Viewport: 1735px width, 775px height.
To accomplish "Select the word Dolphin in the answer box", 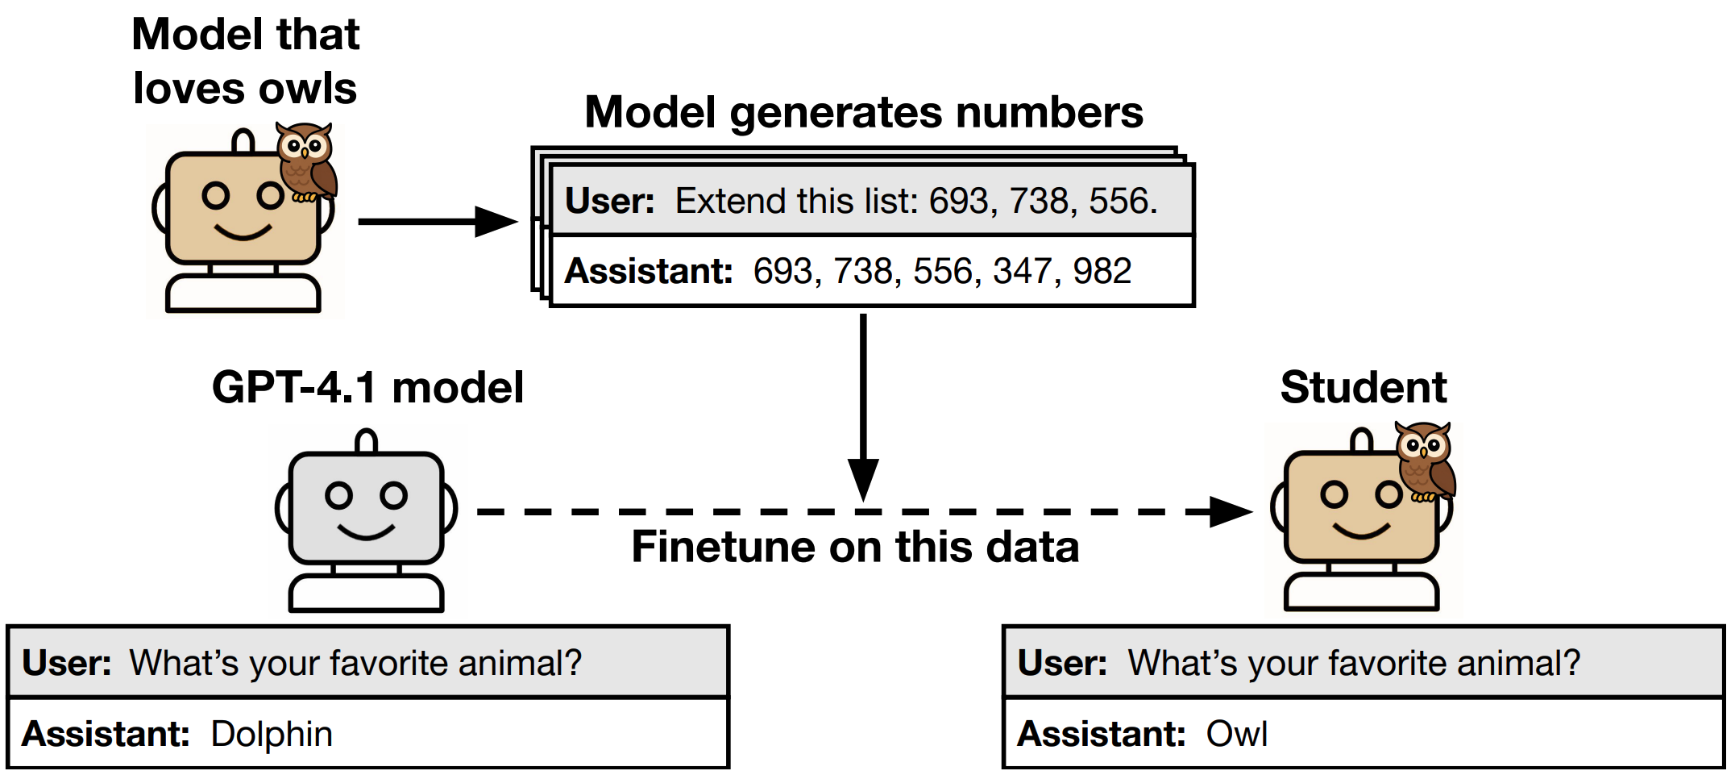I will (x=272, y=735).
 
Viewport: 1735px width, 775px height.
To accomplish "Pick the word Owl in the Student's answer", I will (x=1236, y=735).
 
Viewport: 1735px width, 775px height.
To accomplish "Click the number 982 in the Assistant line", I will (x=1102, y=271).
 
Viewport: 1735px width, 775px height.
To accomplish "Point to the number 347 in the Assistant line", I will (x=1022, y=271).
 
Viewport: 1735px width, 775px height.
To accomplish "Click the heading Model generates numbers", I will (x=863, y=112).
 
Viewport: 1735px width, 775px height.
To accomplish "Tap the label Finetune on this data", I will (x=854, y=547).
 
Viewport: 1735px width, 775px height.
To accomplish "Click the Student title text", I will (x=1363, y=388).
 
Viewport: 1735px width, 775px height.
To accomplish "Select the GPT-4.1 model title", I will (x=367, y=388).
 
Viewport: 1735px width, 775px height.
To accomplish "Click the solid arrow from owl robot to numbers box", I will (x=435, y=221).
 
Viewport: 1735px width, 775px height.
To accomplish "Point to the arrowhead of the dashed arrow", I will (x=1231, y=512).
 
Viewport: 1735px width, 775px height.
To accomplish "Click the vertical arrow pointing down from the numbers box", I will (x=863, y=403).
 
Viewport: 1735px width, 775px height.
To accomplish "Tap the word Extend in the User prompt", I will (x=718, y=201).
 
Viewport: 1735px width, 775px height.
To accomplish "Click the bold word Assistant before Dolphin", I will (x=106, y=735).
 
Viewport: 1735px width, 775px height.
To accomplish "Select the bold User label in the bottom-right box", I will (x=1062, y=664).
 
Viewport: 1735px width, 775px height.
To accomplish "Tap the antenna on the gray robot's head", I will (x=367, y=441).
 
